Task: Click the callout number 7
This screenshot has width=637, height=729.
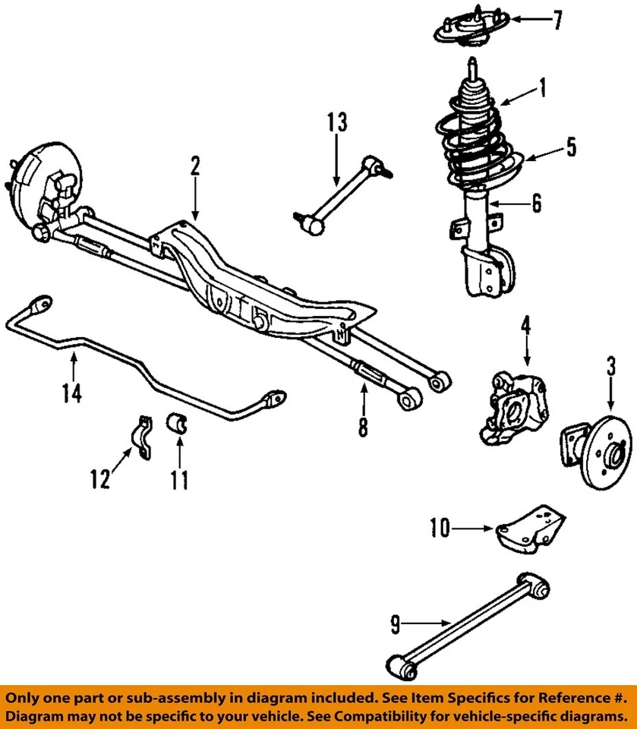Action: (558, 21)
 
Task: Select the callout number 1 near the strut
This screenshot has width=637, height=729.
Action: (542, 90)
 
